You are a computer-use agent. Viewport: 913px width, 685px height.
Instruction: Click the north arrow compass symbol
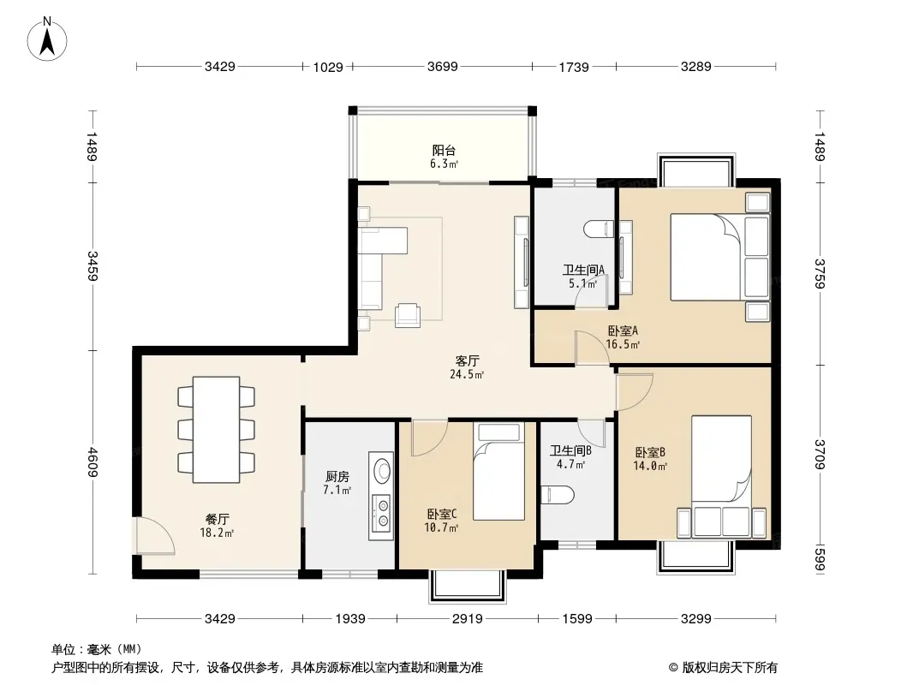tap(47, 39)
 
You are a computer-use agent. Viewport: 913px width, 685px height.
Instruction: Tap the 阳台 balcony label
tap(444, 150)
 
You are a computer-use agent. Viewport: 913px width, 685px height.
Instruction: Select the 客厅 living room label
tap(467, 360)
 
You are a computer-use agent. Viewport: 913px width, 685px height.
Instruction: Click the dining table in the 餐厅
tap(216, 430)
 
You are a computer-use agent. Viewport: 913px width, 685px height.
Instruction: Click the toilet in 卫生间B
tap(557, 495)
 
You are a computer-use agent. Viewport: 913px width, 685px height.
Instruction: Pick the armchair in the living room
tap(408, 315)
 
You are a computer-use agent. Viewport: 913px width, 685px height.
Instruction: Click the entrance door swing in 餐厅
tap(152, 535)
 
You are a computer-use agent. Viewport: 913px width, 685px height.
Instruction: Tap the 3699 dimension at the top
tap(443, 66)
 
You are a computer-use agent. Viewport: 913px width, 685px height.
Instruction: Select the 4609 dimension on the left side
tap(92, 462)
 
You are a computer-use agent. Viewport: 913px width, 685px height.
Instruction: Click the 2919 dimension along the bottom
tap(467, 619)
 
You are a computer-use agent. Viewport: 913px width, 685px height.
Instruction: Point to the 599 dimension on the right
tap(820, 557)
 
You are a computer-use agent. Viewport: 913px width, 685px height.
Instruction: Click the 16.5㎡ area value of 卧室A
tap(623, 344)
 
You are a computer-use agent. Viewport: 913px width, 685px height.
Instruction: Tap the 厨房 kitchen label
tap(337, 477)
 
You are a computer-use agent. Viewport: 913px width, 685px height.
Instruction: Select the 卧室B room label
tap(650, 452)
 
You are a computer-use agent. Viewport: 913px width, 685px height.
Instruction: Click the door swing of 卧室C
tap(429, 438)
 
